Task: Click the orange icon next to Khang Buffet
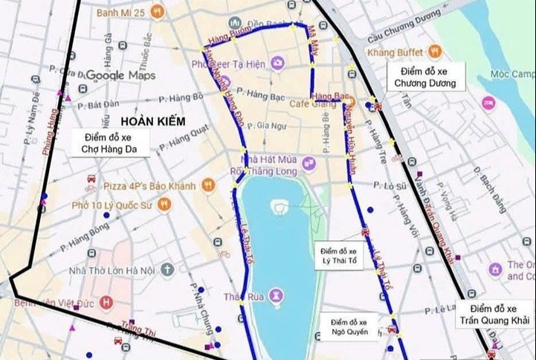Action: coord(435,51)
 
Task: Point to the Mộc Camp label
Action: coord(512,74)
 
